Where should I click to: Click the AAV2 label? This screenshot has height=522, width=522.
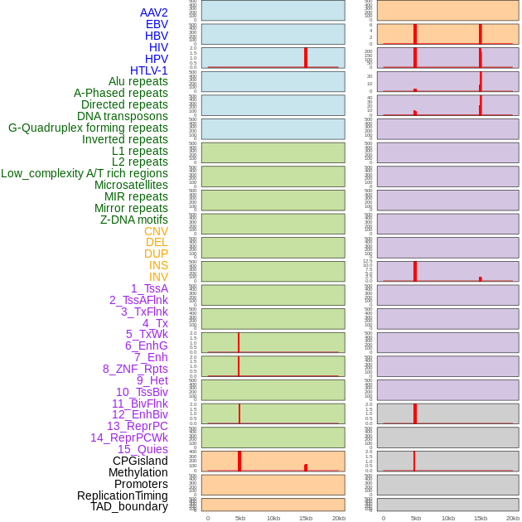pyautogui.click(x=154, y=12)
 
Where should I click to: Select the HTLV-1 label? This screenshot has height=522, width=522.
pyautogui.click(x=149, y=70)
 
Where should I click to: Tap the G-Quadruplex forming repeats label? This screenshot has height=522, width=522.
pyautogui.click(x=88, y=128)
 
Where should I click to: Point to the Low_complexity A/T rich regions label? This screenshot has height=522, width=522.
pyautogui.click(x=85, y=173)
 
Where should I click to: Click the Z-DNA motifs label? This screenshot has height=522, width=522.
pyautogui.click(x=134, y=220)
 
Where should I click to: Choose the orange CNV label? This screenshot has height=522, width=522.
pyautogui.click(x=156, y=231)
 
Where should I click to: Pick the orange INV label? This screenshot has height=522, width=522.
pyautogui.click(x=158, y=277)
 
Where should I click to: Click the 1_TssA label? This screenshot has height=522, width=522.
pyautogui.click(x=149, y=288)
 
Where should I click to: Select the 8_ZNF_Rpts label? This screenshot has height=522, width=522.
pyautogui.click(x=135, y=369)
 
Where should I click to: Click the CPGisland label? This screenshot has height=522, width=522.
pyautogui.click(x=140, y=461)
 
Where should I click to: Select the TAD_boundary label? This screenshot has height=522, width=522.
pyautogui.click(x=129, y=506)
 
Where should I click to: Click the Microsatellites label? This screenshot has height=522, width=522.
pyautogui.click(x=131, y=185)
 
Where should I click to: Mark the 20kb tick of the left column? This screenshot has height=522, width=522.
pyautogui.click(x=339, y=518)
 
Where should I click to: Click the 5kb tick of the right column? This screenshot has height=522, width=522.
pyautogui.click(x=415, y=518)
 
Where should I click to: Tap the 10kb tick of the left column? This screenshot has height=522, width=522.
pyautogui.click(x=273, y=518)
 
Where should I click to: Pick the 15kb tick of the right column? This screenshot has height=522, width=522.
pyautogui.click(x=481, y=518)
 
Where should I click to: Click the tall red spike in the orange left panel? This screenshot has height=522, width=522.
pyautogui.click(x=239, y=461)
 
